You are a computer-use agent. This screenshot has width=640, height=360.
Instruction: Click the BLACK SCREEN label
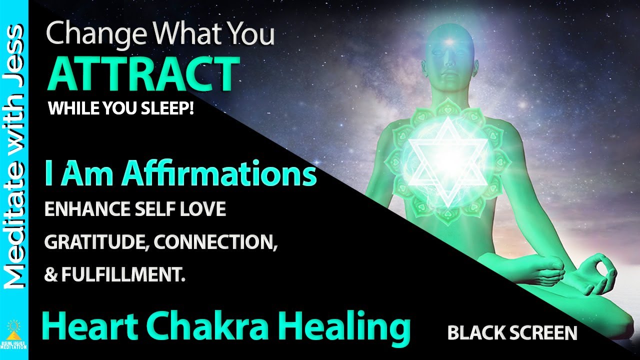click(512, 333)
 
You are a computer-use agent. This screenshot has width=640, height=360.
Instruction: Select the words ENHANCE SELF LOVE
click(135, 209)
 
